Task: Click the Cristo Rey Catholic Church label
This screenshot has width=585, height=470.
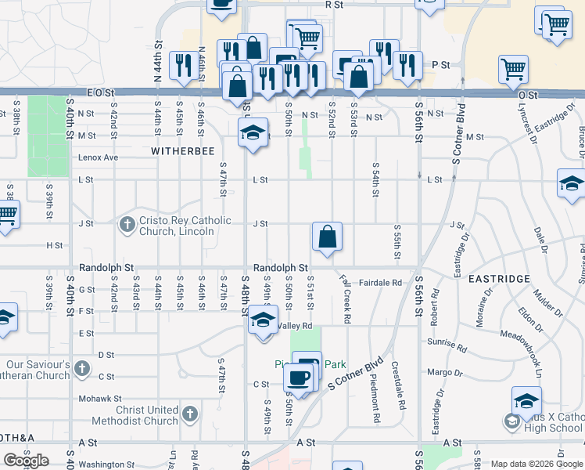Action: coord(176,226)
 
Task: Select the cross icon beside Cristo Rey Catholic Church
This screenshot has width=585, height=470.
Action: coord(127,226)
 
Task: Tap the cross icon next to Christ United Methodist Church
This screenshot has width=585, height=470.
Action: coord(188,414)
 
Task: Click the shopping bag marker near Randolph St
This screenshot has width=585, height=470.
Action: coord(327,237)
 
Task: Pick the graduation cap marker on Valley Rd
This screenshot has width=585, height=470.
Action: coord(264,320)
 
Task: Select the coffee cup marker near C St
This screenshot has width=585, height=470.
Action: coord(299,378)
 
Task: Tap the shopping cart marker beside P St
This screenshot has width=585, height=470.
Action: coord(513,70)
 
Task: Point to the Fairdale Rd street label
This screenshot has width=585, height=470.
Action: coord(381,282)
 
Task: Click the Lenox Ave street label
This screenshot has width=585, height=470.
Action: coord(98,157)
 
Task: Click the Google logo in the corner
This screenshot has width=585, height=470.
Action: coord(27,460)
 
